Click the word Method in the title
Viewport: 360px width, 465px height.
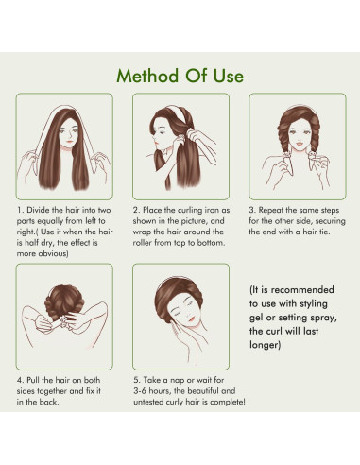(147, 76)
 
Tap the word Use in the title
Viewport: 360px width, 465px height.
(229, 76)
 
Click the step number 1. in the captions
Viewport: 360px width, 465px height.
(20, 210)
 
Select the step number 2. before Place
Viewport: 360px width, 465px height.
(136, 210)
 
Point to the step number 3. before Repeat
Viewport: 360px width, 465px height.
(252, 210)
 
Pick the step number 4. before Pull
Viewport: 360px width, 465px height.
(21, 380)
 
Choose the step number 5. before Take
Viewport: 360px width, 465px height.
(137, 380)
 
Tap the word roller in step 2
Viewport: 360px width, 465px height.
(143, 243)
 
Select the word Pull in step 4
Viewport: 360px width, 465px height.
(33, 380)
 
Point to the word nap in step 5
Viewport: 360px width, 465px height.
(178, 381)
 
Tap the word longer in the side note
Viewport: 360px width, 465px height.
(265, 345)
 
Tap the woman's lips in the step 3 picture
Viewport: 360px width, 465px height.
(299, 145)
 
